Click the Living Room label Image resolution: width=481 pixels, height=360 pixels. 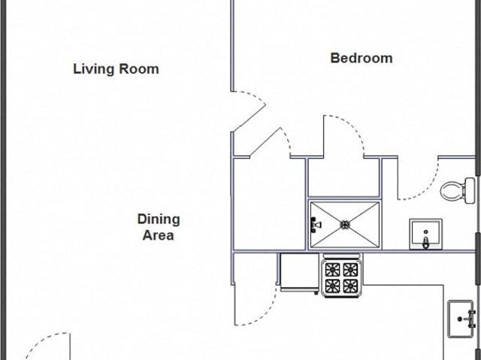click(116, 69)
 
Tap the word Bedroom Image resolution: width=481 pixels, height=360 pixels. click(362, 58)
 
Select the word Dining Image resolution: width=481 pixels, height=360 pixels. click(159, 219)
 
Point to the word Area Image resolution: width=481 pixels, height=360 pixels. click(158, 235)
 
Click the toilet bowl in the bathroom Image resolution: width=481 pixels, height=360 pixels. click(452, 191)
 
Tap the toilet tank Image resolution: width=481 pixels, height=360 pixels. click(470, 190)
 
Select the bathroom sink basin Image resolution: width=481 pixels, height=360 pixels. click(426, 234)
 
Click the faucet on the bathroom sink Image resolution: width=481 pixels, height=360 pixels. click(426, 242)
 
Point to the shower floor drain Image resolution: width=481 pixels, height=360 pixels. click(345, 225)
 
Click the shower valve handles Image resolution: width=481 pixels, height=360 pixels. click(315, 225)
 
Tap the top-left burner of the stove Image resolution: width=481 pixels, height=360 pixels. click(332, 270)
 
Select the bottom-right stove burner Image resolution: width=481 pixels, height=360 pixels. click(350, 286)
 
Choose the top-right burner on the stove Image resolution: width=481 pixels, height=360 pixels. click(350, 270)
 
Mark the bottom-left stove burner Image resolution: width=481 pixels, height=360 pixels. click(332, 286)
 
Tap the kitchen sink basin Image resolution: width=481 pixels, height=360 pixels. click(461, 319)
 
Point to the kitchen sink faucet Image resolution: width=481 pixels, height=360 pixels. click(470, 319)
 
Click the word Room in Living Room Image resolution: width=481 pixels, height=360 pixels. click(139, 69)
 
